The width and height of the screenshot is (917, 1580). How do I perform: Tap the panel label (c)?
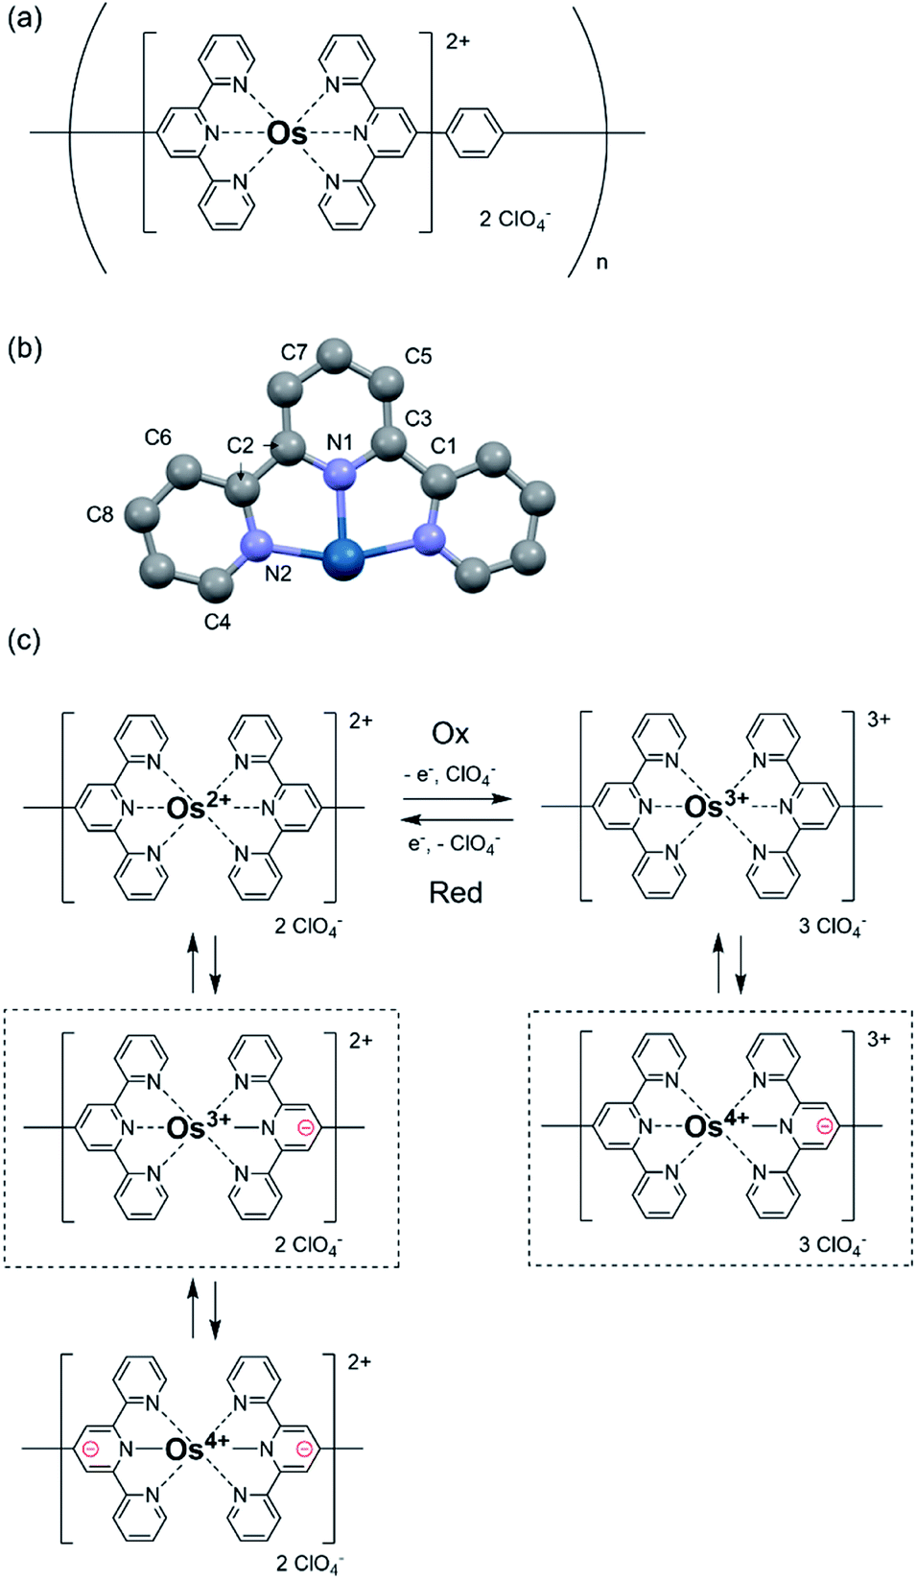click(25, 641)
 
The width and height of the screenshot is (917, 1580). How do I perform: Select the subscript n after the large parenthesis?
click(601, 263)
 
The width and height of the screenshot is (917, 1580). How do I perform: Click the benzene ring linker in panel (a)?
click(475, 132)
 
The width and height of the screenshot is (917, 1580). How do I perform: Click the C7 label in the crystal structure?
click(294, 351)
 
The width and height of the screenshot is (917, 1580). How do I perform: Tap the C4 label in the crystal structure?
click(217, 622)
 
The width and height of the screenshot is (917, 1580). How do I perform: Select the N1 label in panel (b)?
click(340, 442)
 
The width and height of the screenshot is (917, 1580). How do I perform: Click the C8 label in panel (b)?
click(100, 515)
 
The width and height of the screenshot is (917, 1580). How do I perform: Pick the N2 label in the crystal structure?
click(278, 574)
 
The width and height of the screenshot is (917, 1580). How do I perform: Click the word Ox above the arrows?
click(450, 734)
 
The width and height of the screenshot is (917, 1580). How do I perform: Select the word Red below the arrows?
click(456, 893)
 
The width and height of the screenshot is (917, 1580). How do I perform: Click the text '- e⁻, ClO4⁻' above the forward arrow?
click(450, 774)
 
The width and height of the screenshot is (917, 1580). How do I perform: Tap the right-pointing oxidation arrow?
click(458, 799)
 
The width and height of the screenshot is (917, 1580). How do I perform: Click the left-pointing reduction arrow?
click(458, 819)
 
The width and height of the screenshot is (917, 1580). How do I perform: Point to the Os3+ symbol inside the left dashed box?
click(199, 1125)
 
